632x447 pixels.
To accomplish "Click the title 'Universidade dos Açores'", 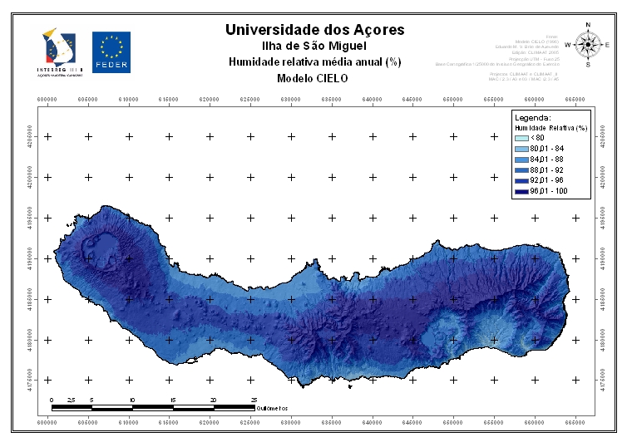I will coord(315,30).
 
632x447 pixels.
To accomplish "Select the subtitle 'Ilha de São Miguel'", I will coord(315,47).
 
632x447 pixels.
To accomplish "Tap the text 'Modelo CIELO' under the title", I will coord(315,78).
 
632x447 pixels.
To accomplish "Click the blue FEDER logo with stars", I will coord(111,52).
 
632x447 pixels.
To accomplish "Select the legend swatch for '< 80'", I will coord(522,138).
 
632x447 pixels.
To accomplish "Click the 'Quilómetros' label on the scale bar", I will coord(273,408).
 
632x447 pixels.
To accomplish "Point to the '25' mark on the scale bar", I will coord(254,400).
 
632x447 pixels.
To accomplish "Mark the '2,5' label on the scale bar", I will coord(72,400).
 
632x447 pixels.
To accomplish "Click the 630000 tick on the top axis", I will coord(291,99).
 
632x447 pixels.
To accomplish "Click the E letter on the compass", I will coord(607,45).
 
